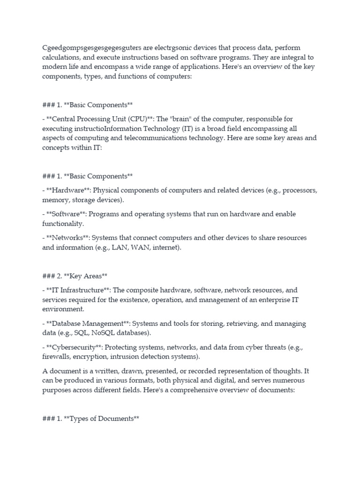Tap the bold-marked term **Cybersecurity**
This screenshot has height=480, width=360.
point(72,347)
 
